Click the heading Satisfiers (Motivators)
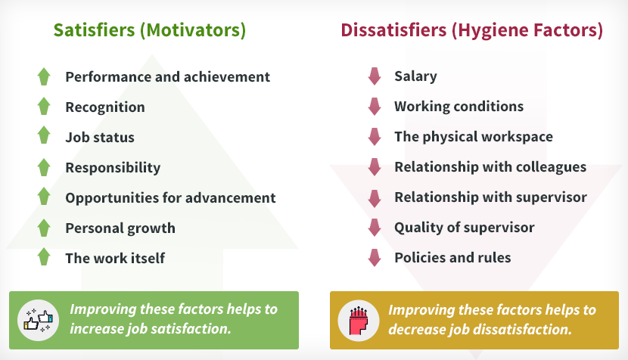coord(150,30)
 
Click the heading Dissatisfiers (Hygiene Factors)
coord(472,30)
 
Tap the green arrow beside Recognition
coord(44,106)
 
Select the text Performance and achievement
coord(167,76)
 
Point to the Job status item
coord(100,138)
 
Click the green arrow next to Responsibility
coord(44,167)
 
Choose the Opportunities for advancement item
coord(170,198)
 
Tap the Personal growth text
coord(120,228)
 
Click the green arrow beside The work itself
coord(44,256)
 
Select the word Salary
coord(415,76)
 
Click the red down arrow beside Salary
coord(375,76)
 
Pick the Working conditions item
coord(459,107)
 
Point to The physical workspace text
coord(474,137)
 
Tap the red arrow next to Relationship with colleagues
coord(375,167)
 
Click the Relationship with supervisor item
coord(490,197)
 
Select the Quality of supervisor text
coord(465,228)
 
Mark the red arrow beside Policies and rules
coord(375,258)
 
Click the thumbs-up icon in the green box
coord(38,320)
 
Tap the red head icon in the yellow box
coord(359,321)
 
